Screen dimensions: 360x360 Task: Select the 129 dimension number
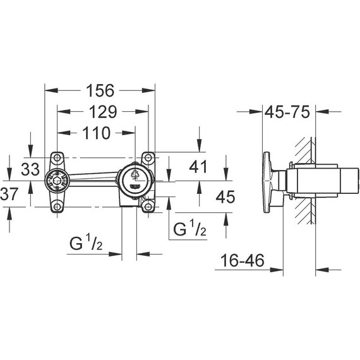click(99, 112)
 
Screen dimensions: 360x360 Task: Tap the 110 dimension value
click(95, 133)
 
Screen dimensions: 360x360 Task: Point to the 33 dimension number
click(30, 169)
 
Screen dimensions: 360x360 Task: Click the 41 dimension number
click(200, 167)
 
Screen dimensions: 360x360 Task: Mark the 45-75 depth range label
click(287, 112)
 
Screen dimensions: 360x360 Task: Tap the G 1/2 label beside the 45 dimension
click(190, 229)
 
